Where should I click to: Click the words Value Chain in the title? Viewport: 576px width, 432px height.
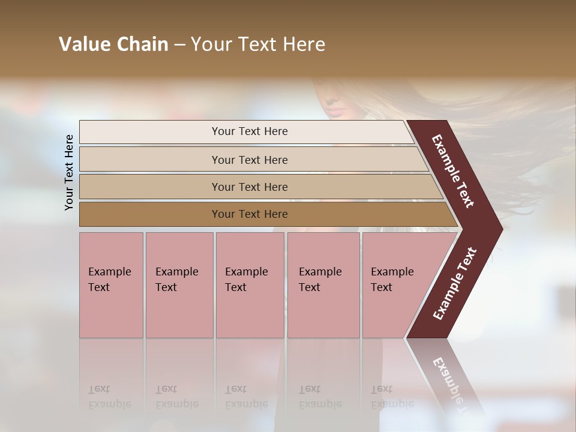[113, 44]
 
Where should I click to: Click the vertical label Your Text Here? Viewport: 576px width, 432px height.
[69, 172]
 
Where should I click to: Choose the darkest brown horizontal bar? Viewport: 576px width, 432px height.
[150, 214]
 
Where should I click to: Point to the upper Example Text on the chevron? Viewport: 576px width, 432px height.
[453, 171]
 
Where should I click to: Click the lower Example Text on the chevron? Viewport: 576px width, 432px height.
[455, 283]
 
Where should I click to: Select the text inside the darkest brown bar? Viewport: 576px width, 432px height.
[250, 214]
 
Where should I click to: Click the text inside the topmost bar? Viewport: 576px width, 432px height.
[250, 131]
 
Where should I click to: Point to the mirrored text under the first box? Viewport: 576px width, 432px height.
[110, 397]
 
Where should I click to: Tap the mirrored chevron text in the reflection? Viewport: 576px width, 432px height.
[449, 384]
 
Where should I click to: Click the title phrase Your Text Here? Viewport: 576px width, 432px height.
[258, 44]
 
